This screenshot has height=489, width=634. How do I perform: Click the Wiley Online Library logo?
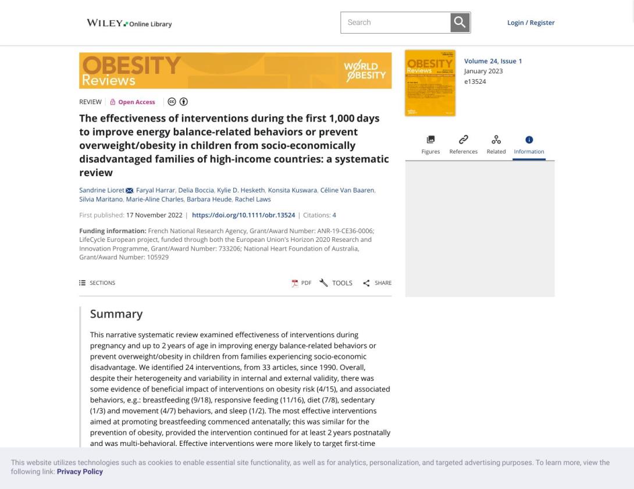pos(129,24)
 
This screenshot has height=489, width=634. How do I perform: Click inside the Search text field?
pos(396,23)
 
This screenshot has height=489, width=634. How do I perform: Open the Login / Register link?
pos(530,23)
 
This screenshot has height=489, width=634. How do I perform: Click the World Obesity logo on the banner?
pos(365,70)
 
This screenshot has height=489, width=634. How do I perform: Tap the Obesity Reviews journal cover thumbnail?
pos(430,83)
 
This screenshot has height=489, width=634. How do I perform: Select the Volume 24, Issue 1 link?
pos(493,61)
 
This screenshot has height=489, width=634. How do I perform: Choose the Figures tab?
pos(430,145)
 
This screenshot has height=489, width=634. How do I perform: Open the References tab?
pos(463,145)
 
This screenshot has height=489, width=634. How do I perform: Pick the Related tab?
pos(496,145)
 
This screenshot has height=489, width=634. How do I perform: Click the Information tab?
pos(529,145)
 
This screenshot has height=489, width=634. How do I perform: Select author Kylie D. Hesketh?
pos(240,190)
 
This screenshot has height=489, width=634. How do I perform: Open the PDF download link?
pos(301,283)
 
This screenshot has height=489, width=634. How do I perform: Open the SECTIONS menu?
pos(97,283)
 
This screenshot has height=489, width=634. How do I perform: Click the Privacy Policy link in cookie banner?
pos(80,472)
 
